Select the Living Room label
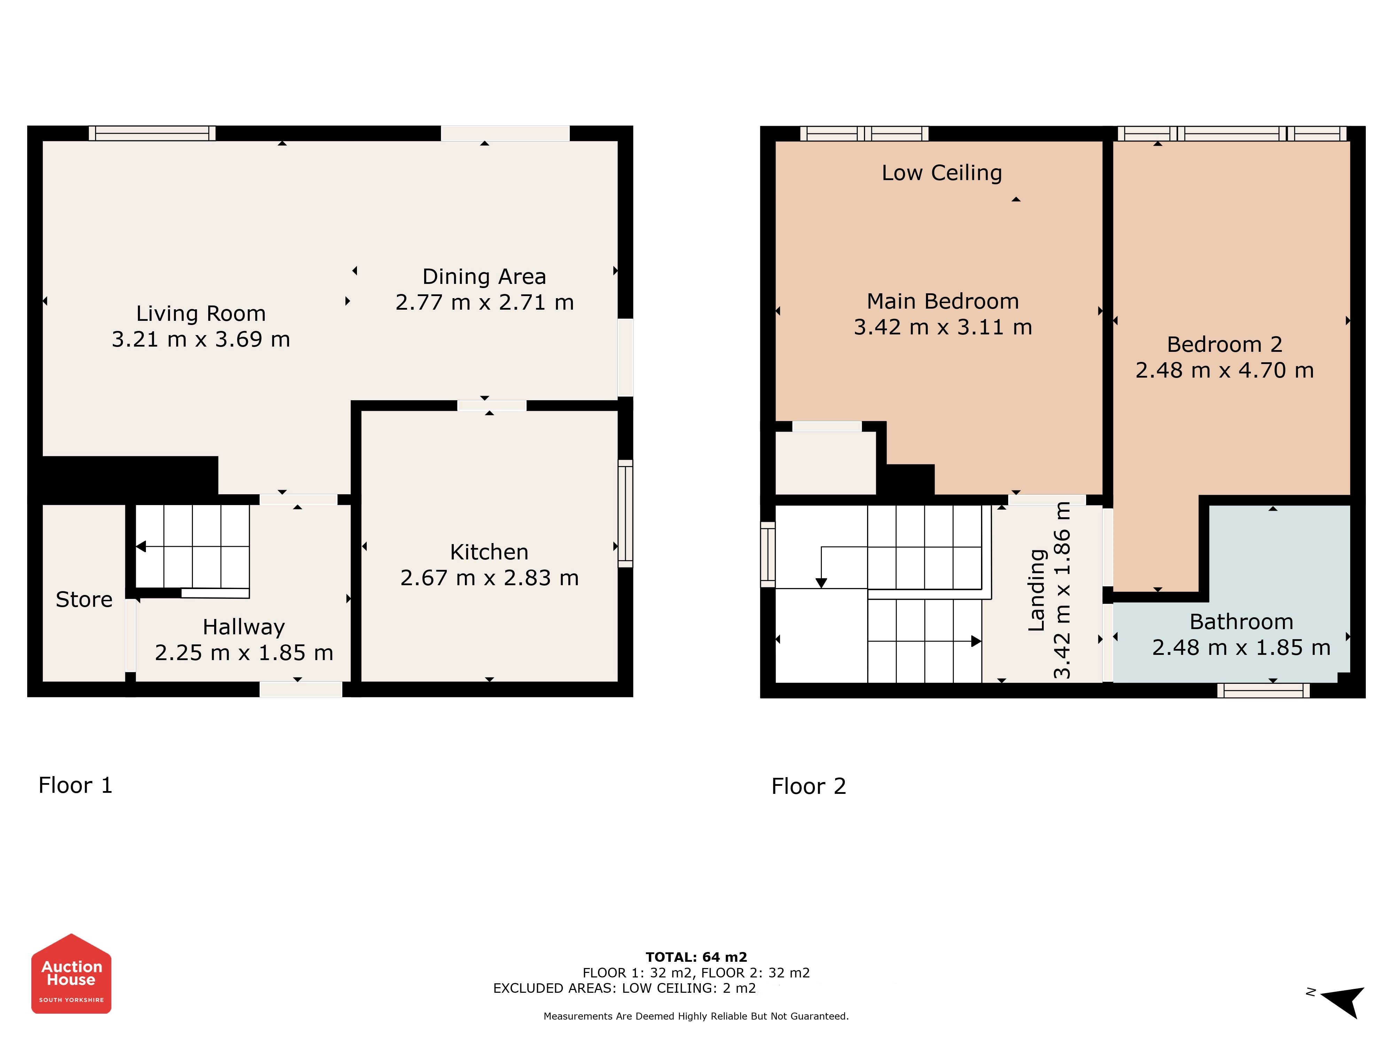pos(201,313)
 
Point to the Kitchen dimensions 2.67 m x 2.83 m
pos(489,578)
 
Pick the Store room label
pos(84,599)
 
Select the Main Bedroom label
pos(943,301)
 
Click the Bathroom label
pos(1241,622)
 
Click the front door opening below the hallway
pos(301,689)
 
